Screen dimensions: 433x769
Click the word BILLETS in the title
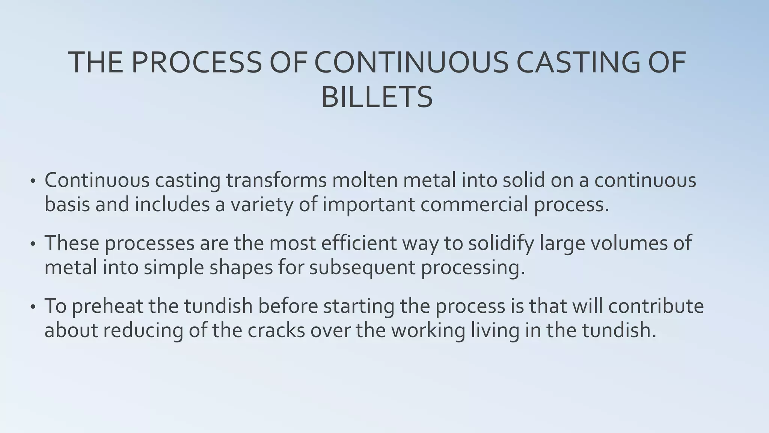pyautogui.click(x=377, y=97)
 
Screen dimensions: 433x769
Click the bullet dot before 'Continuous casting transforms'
pyautogui.click(x=33, y=181)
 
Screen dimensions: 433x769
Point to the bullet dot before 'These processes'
pyautogui.click(x=33, y=244)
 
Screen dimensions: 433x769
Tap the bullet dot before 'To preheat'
pyautogui.click(x=33, y=307)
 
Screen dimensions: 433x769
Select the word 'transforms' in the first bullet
pyautogui.click(x=276, y=180)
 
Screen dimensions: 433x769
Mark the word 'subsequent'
pyautogui.click(x=362, y=268)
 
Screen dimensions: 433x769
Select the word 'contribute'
pyautogui.click(x=656, y=306)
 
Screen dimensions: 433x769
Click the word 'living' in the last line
pyautogui.click(x=495, y=330)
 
